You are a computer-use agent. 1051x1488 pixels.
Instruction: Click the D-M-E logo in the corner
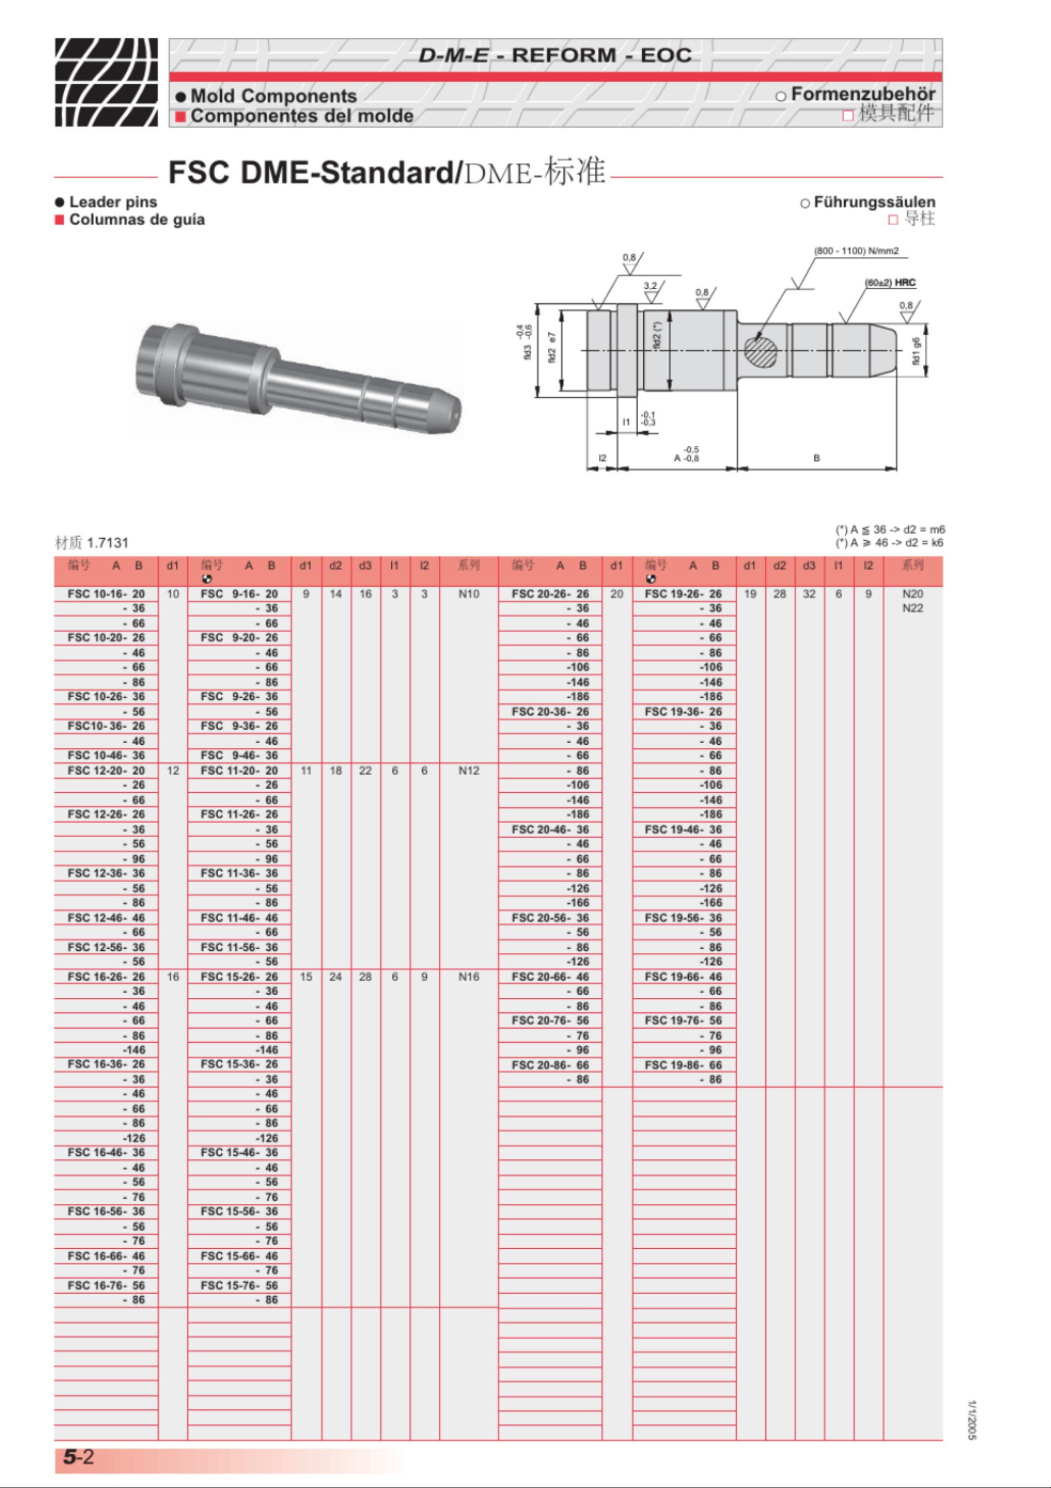[x=106, y=82]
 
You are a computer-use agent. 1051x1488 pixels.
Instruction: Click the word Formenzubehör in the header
[x=862, y=94]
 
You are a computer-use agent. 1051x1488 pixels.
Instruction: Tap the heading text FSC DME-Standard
[x=314, y=172]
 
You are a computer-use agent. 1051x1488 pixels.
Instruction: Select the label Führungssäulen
[x=874, y=202]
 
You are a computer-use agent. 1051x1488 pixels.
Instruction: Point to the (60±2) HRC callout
[x=890, y=283]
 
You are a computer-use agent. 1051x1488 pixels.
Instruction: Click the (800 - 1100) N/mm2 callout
[x=855, y=251]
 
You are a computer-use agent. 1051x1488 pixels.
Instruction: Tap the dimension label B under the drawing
[x=816, y=457]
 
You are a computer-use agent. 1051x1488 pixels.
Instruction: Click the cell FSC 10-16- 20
[x=106, y=593]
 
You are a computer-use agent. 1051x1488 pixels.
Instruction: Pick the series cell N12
[x=468, y=770]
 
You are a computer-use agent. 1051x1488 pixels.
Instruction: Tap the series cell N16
[x=468, y=977]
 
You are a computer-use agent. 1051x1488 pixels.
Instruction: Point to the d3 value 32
[x=809, y=593]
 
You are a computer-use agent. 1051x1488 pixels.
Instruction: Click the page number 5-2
[x=78, y=1457]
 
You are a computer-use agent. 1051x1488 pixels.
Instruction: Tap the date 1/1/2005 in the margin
[x=971, y=1420]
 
